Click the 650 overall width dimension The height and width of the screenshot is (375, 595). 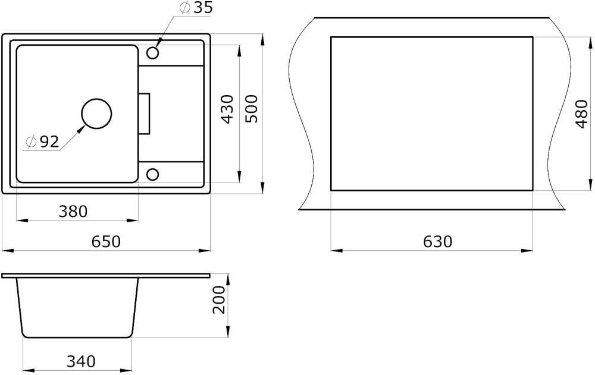pos(106,241)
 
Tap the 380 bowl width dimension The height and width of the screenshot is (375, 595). pos(73,211)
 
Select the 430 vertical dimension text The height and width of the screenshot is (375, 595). pos(227,109)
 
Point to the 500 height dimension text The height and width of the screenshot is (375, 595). pos(251,108)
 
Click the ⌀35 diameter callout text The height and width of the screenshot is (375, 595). pos(196,8)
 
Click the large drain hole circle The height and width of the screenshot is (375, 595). pos(97,114)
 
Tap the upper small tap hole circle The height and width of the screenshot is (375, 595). pos(152,53)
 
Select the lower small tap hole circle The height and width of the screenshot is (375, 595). pos(152,174)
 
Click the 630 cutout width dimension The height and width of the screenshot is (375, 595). pos(437,241)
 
